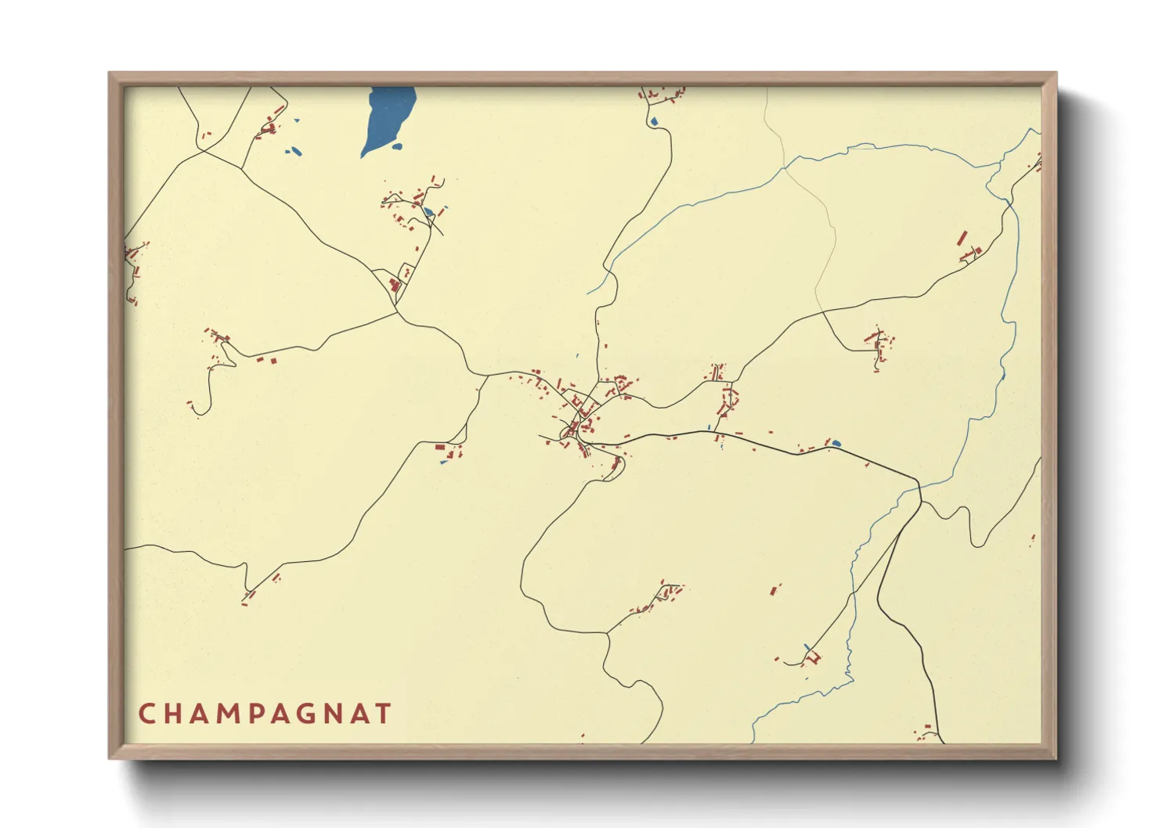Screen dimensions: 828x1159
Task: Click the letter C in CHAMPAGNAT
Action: tap(146, 714)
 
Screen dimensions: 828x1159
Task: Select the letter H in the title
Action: tap(174, 714)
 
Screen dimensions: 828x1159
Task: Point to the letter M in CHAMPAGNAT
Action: tap(234, 714)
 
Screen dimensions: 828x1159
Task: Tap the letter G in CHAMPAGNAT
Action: tap(323, 714)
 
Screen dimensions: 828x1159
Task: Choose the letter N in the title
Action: tap(352, 714)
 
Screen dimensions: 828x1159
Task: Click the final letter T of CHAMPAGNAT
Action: tap(383, 714)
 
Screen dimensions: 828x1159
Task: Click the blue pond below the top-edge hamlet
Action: tap(653, 121)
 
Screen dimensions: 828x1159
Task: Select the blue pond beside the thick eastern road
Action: tap(836, 444)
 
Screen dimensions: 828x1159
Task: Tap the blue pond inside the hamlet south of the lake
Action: tap(428, 211)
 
